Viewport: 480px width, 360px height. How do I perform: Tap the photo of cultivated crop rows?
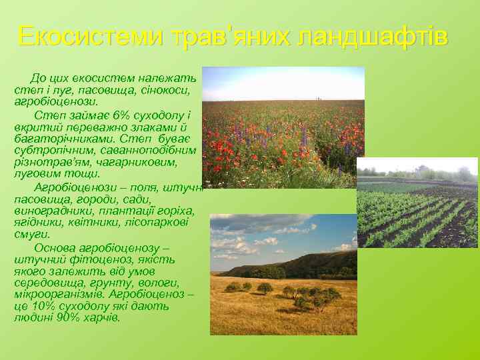417,203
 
